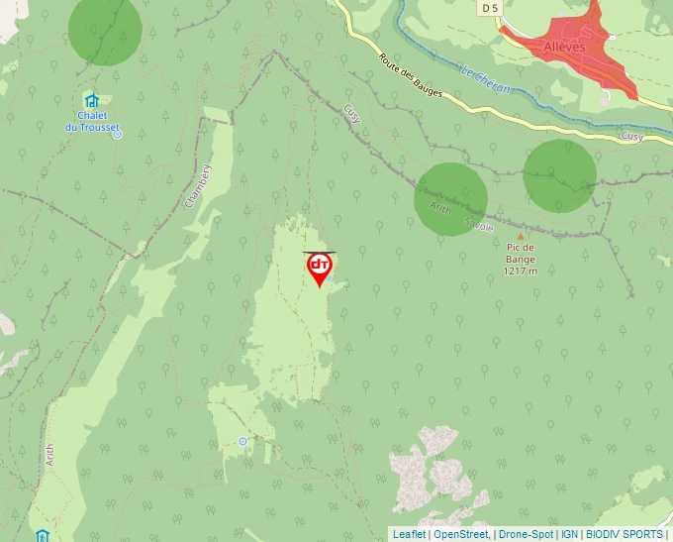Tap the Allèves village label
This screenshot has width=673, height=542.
tap(564, 47)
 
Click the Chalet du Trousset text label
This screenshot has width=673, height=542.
tap(91, 121)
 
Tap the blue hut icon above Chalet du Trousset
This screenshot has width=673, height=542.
tap(91, 100)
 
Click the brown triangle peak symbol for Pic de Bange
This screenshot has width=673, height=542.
tap(520, 236)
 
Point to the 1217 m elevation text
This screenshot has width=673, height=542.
tap(520, 271)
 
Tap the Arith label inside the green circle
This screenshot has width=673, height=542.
tap(439, 207)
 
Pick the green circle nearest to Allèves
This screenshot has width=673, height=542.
tap(559, 175)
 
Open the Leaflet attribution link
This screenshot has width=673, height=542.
tap(409, 534)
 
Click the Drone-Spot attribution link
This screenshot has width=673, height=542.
tap(527, 534)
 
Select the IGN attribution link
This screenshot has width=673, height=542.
tap(569, 534)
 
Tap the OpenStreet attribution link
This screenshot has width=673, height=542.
tap(461, 534)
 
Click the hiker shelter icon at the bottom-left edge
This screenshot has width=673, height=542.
tap(42, 536)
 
